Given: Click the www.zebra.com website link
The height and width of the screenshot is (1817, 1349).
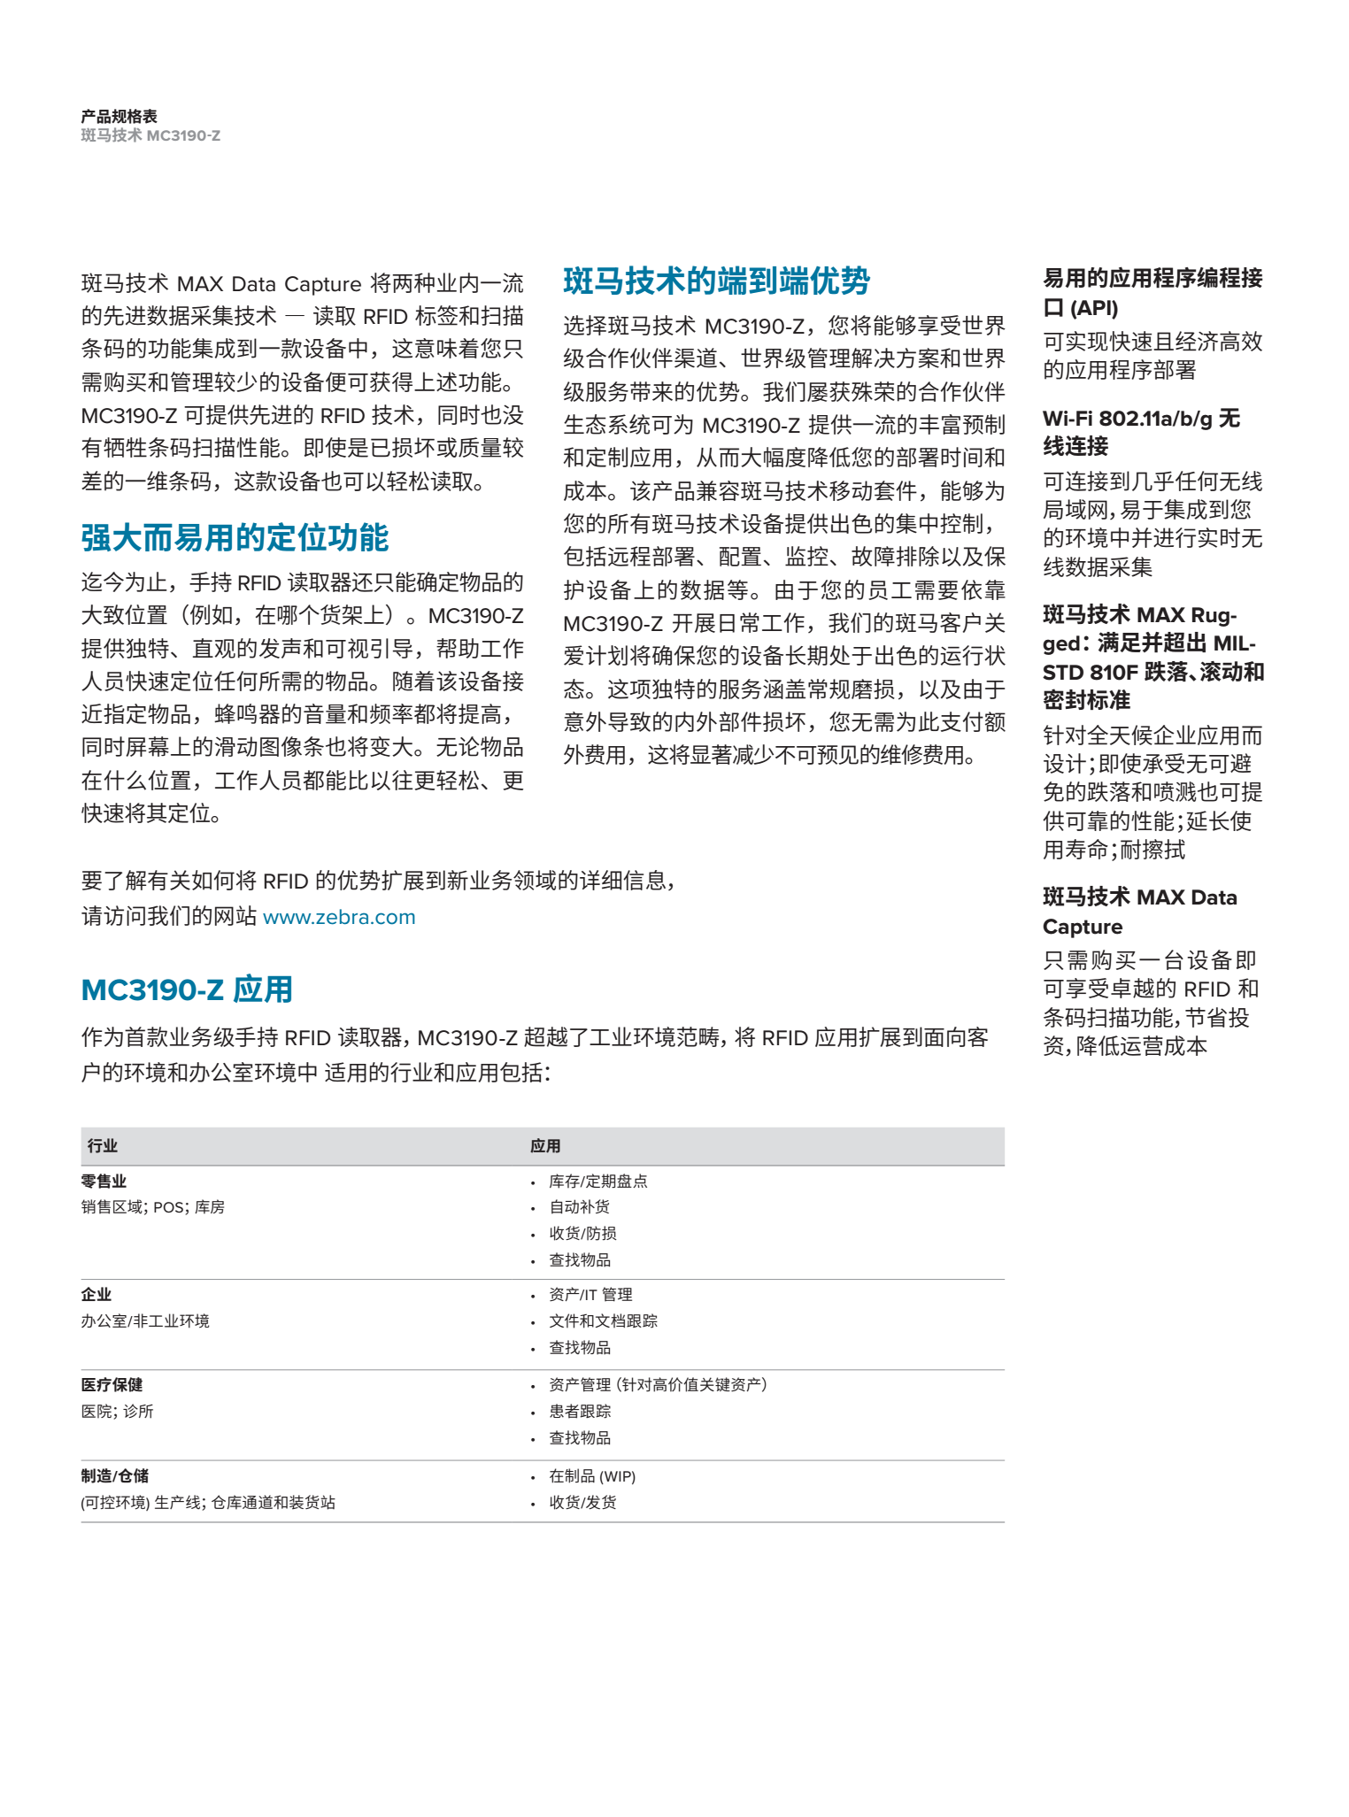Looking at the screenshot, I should (339, 917).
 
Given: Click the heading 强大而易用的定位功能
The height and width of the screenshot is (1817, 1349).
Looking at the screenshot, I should (235, 538).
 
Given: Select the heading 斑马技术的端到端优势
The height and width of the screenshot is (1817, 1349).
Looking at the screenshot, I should (716, 281).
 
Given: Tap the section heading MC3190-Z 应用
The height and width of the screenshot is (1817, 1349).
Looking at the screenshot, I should (187, 989).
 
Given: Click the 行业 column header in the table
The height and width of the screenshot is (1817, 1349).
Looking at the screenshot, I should (103, 1146).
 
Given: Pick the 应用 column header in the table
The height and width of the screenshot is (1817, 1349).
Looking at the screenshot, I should (545, 1146).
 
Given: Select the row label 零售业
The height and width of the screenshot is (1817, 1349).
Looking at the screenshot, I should (104, 1181).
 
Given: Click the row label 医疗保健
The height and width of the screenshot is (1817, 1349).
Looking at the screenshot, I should (112, 1385).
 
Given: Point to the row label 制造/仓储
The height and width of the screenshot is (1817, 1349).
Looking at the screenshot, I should (115, 1475).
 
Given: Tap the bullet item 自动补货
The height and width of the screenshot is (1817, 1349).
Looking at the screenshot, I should (579, 1207).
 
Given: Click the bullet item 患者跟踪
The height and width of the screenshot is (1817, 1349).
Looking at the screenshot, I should (580, 1412).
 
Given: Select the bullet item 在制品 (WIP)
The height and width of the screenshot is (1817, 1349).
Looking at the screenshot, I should (592, 1476).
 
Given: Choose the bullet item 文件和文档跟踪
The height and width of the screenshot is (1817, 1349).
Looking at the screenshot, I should (603, 1321).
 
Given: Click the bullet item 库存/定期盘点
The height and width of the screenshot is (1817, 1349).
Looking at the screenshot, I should (597, 1182).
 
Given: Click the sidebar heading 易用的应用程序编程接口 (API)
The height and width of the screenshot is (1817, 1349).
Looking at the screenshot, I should (1152, 293).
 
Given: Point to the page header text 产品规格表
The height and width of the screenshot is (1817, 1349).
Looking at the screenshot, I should (119, 117).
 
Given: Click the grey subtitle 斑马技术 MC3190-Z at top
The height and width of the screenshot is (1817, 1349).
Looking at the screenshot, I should (150, 135).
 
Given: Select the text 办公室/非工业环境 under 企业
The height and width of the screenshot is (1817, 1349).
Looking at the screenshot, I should (145, 1321).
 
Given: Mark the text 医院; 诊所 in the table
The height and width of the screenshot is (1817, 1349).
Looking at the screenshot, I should (117, 1412).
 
